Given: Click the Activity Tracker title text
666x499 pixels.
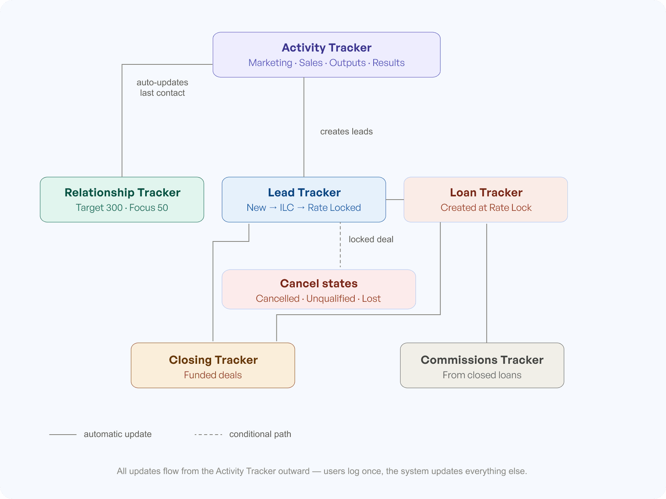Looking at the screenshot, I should (x=326, y=47).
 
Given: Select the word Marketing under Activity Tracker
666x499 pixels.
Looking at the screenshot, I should (x=270, y=63).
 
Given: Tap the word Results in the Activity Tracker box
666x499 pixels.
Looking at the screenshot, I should (x=388, y=63).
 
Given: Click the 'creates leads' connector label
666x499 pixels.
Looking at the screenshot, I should (x=346, y=132).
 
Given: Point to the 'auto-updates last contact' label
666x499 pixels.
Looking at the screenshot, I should (x=162, y=88).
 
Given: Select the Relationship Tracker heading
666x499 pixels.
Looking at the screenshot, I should (x=122, y=192).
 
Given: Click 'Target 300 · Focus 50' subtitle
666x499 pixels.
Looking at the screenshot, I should (x=122, y=208).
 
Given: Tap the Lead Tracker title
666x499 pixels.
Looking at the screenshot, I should (x=304, y=192).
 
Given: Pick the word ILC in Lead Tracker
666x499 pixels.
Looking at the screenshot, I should (x=287, y=208).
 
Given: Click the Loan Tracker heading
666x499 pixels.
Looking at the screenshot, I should (x=486, y=192).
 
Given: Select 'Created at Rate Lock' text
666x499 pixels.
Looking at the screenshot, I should (x=486, y=208).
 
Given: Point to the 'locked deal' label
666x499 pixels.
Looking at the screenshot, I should (x=371, y=239).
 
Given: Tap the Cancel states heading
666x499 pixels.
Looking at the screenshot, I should (x=319, y=283).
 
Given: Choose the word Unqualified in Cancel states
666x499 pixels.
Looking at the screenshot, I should (x=331, y=299).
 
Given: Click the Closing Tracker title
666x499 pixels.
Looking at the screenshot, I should (x=213, y=360).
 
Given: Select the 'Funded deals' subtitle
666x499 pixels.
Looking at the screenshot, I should (x=213, y=375).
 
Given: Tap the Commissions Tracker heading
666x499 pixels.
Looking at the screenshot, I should (x=482, y=360).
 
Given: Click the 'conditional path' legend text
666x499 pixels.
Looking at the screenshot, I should (x=260, y=434).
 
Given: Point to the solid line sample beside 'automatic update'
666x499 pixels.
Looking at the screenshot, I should (x=63, y=435).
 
